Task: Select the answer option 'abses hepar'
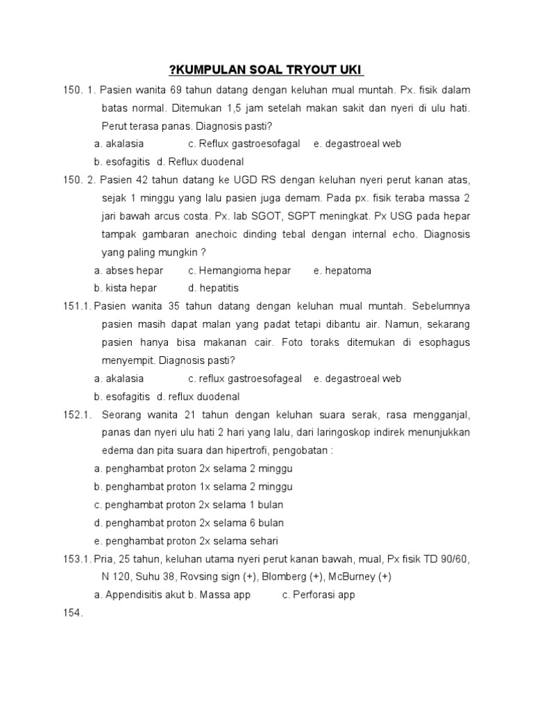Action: pos(129,270)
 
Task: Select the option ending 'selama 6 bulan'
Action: pos(189,523)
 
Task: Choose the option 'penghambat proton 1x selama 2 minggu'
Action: pos(194,487)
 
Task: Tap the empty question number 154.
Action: pos(72,613)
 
